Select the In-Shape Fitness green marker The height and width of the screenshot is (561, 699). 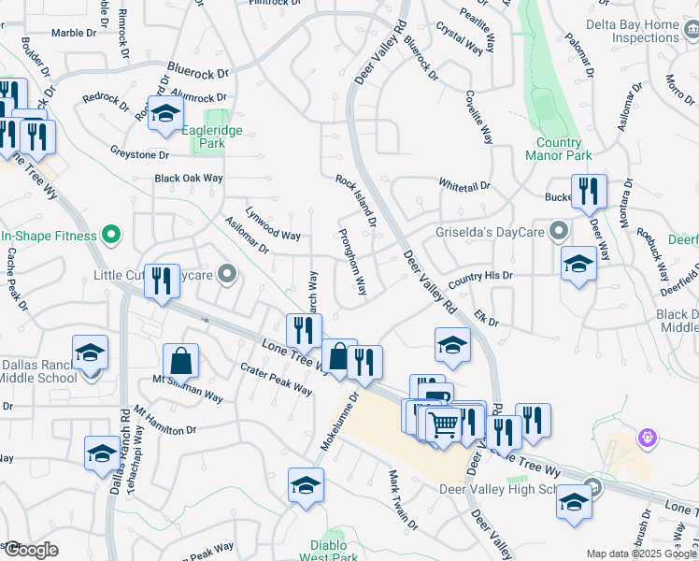112,234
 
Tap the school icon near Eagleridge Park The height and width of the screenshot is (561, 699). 165,114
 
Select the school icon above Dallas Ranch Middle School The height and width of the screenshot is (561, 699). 90,352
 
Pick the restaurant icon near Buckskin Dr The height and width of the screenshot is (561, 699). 588,192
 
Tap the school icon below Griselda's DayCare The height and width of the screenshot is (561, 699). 578,264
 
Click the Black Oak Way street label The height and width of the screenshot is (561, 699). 189,178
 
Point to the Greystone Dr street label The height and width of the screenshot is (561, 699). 139,153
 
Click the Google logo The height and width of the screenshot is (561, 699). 30,550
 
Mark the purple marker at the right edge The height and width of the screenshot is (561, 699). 646,437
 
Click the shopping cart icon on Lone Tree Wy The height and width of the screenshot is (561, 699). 445,425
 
